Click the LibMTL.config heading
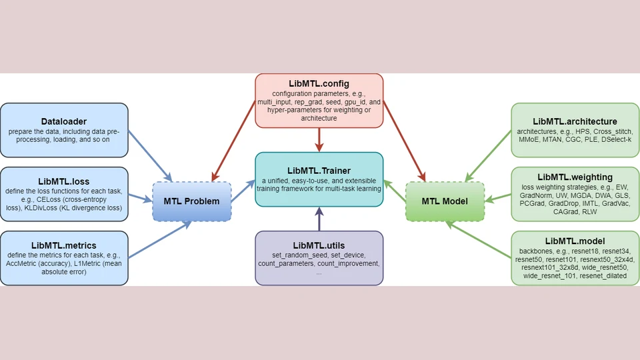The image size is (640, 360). click(319, 84)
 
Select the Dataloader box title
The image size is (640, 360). click(64, 121)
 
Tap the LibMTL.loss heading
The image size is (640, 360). click(64, 181)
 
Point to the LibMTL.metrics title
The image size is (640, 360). click(64, 245)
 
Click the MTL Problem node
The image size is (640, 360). click(192, 201)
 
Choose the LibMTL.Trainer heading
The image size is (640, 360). click(319, 171)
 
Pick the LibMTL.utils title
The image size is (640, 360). click(319, 245)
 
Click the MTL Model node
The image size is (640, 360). click(445, 201)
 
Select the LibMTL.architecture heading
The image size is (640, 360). click(575, 121)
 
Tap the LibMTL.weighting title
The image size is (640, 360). click(575, 177)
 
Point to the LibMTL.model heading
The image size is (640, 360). click(575, 241)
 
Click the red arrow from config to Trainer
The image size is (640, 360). click(319, 140)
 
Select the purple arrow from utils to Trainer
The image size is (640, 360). click(319, 219)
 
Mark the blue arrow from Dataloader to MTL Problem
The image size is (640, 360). click(150, 156)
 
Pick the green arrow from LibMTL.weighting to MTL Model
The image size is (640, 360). click(498, 198)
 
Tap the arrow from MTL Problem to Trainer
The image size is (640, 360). click(243, 191)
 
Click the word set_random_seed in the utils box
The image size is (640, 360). click(299, 255)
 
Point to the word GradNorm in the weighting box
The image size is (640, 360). click(536, 195)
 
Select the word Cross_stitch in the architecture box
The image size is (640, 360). click(613, 131)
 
